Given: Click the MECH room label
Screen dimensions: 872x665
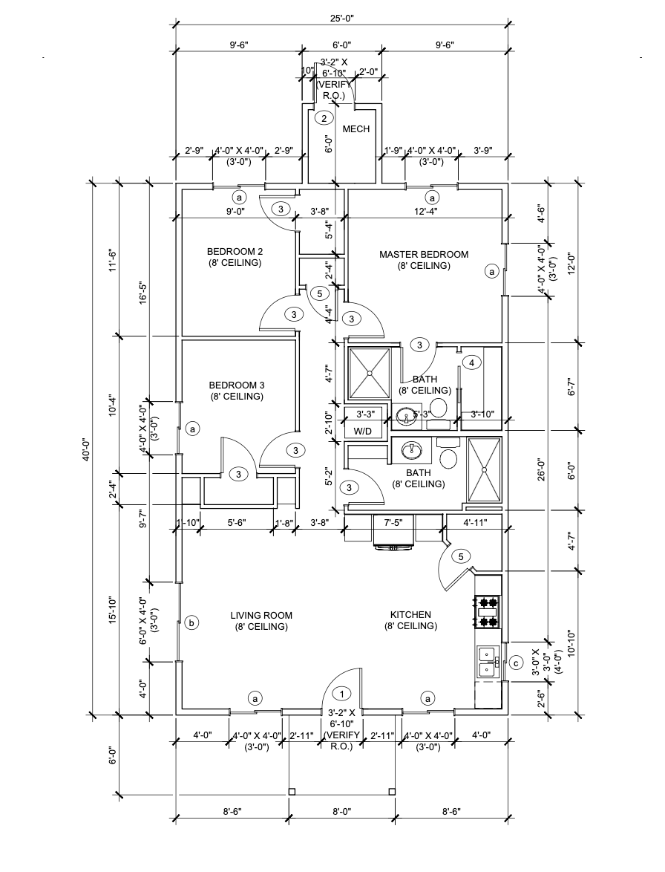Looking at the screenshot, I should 356,130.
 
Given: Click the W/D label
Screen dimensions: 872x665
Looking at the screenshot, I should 362,431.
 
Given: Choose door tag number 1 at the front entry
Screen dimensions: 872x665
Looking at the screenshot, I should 342,694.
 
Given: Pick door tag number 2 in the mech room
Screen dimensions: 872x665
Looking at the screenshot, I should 323,117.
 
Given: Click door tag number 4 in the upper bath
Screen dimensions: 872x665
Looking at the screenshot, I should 471,362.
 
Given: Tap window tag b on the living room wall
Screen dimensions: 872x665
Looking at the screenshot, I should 191,622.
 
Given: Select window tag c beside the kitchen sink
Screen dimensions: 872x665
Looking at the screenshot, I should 515,663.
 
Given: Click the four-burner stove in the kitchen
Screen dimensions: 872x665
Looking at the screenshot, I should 488,611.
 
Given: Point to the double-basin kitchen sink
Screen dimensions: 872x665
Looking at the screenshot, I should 487,661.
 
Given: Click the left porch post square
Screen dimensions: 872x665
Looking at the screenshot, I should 290,790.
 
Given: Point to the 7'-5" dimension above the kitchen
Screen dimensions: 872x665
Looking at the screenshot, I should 393,522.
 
